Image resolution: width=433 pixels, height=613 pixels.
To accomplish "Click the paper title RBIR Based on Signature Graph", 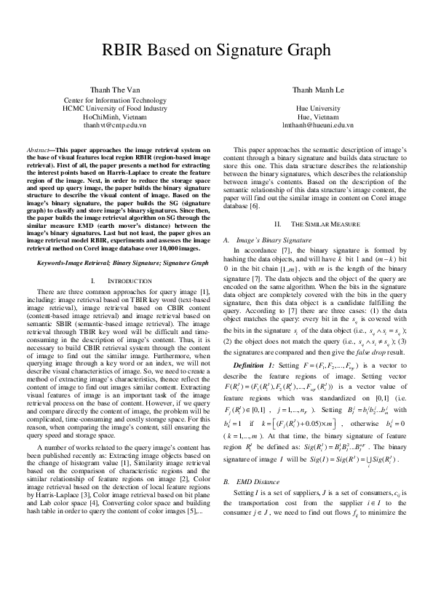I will (x=216, y=50).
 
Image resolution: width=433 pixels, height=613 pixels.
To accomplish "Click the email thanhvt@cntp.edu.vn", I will (x=114, y=125).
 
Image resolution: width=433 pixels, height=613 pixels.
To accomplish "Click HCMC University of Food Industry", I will (x=114, y=108).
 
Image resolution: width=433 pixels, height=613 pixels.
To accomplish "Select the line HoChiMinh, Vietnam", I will (x=114, y=116).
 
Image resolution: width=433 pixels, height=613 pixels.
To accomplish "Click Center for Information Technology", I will (x=114, y=100).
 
